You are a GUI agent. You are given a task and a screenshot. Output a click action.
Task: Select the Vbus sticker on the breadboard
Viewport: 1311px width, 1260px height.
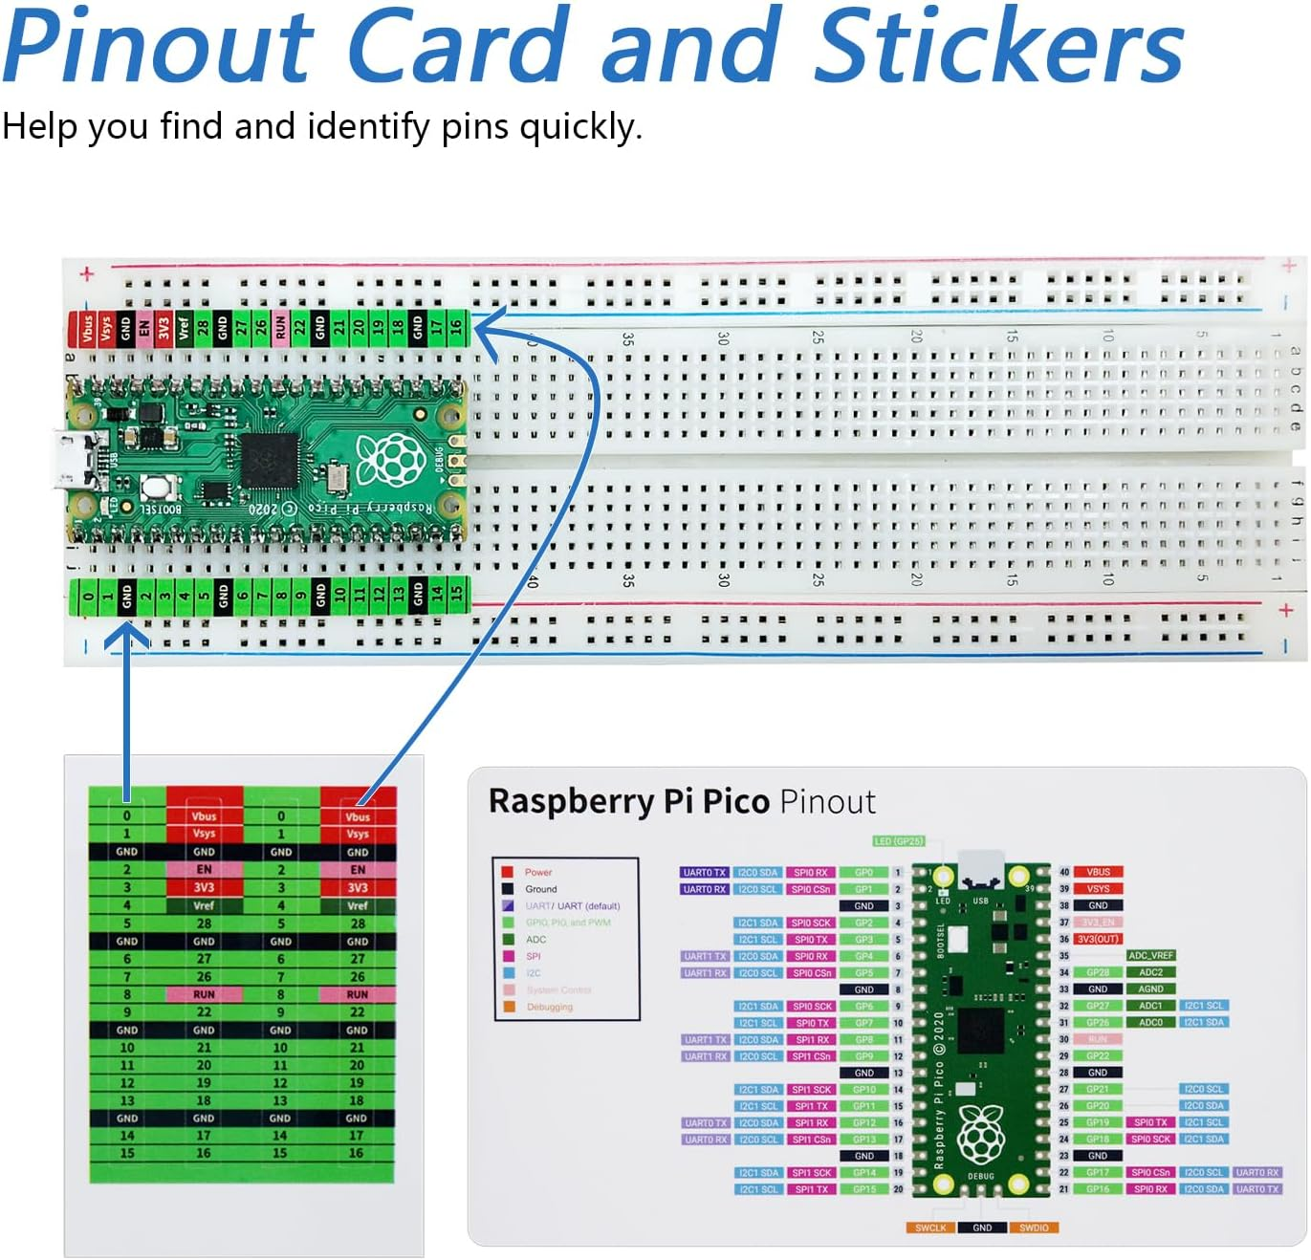click(x=87, y=329)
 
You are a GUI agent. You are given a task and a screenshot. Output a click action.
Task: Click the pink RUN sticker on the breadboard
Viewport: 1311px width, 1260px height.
click(x=280, y=328)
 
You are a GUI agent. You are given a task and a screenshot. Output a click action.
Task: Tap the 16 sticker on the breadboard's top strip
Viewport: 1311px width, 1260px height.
click(x=457, y=327)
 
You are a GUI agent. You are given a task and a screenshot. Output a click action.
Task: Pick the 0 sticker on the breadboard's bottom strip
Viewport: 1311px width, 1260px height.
click(x=87, y=596)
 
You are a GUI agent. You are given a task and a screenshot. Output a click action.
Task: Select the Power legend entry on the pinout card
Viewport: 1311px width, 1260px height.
click(x=537, y=872)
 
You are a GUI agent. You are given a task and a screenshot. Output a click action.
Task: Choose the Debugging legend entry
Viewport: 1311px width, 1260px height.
click(x=549, y=1007)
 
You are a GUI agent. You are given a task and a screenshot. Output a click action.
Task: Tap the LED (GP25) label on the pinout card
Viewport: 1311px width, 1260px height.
click(x=898, y=841)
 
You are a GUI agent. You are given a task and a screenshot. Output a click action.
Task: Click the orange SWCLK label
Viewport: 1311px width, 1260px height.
click(x=929, y=1227)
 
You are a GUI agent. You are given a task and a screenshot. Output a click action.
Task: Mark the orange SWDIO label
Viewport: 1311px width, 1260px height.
click(x=1034, y=1227)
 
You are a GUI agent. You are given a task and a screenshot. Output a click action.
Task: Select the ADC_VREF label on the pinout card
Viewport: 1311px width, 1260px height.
click(x=1150, y=955)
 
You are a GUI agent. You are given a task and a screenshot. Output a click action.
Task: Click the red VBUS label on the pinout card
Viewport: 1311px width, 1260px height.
click(x=1098, y=872)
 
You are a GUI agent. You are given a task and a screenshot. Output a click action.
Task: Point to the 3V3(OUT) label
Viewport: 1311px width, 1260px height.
click(x=1098, y=939)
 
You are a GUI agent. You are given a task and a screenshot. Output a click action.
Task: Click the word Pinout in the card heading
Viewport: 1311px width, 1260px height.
click(x=827, y=801)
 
